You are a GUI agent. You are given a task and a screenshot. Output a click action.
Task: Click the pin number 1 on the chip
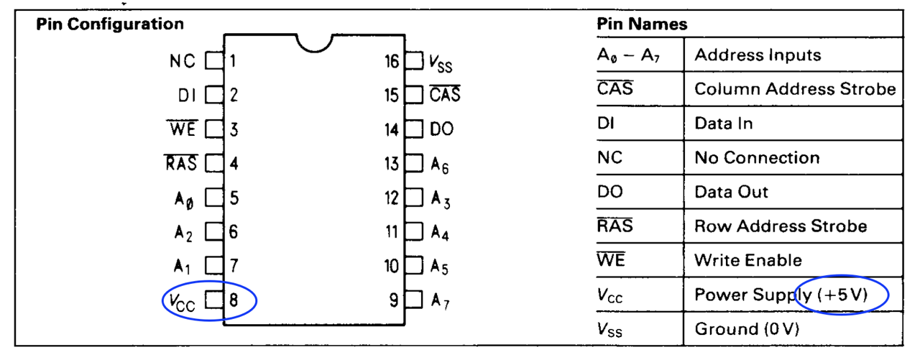tap(234, 61)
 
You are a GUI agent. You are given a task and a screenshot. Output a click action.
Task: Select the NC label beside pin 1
tap(183, 61)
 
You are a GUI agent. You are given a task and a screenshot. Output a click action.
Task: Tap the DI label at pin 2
tap(186, 95)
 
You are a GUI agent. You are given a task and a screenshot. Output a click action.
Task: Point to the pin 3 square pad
tap(214, 129)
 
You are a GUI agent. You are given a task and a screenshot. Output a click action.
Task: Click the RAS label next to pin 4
tap(180, 163)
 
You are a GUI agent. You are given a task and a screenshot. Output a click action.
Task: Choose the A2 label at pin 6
tap(184, 232)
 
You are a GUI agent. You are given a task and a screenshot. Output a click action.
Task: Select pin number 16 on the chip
tap(391, 61)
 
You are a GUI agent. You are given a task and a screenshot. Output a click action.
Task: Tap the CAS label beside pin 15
tap(445, 95)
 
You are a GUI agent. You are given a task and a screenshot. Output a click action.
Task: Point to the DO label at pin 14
tap(441, 129)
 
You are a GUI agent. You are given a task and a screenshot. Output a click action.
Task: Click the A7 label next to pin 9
tap(440, 301)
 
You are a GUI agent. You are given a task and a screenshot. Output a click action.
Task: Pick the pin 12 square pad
tap(413, 198)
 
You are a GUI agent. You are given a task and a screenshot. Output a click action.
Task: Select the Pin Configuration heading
tap(110, 24)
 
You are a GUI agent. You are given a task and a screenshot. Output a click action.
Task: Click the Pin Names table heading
tap(642, 24)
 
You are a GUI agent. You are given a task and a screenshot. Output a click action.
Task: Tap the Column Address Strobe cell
tap(795, 89)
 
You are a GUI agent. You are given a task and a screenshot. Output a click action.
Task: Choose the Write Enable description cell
tap(747, 260)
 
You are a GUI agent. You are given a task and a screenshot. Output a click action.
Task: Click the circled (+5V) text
tap(842, 294)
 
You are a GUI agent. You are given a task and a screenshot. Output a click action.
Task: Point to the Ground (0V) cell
tap(747, 328)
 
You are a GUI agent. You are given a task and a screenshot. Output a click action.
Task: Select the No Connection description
tap(757, 157)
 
